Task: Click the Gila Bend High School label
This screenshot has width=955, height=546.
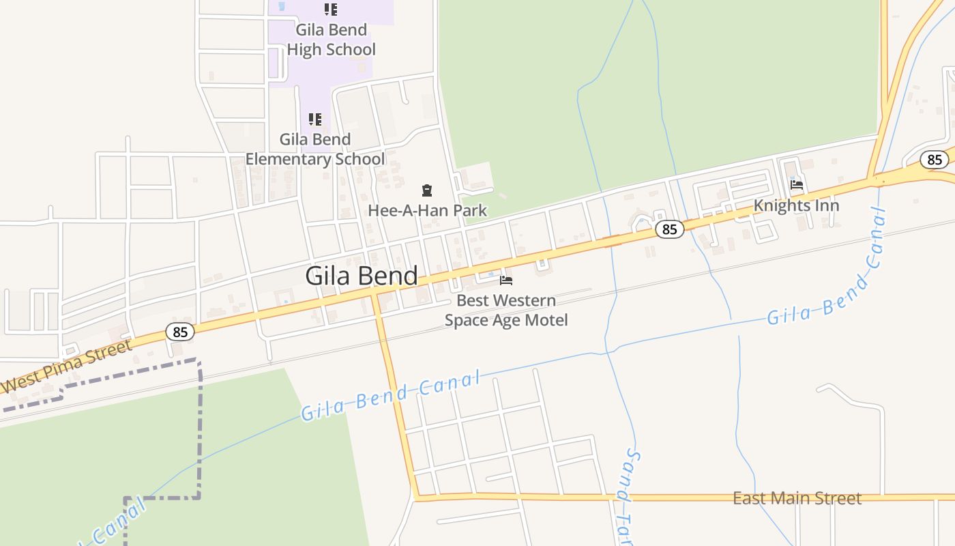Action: pyautogui.click(x=331, y=40)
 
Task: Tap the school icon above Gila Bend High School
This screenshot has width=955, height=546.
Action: pyautogui.click(x=331, y=10)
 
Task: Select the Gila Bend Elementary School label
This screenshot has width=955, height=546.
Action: pyautogui.click(x=315, y=149)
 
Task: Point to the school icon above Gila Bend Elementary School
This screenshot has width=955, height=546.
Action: pyautogui.click(x=315, y=119)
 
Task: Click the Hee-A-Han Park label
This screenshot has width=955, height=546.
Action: pyautogui.click(x=428, y=210)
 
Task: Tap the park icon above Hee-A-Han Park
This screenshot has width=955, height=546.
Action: pyautogui.click(x=427, y=190)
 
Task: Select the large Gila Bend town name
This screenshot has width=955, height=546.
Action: pyautogui.click(x=361, y=276)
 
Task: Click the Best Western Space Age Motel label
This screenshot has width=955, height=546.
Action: pyautogui.click(x=506, y=310)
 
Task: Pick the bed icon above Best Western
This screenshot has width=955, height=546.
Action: pyautogui.click(x=506, y=280)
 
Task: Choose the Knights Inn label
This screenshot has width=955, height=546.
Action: pyautogui.click(x=796, y=205)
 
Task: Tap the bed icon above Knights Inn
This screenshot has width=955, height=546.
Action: pyautogui.click(x=796, y=184)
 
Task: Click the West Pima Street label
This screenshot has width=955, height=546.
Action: pyautogui.click(x=67, y=366)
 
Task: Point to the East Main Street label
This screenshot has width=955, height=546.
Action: pyautogui.click(x=797, y=498)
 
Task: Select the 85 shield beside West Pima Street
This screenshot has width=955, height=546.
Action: pyautogui.click(x=180, y=332)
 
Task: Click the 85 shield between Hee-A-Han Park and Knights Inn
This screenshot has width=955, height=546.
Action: pyautogui.click(x=670, y=229)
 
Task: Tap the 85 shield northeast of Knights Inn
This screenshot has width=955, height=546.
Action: pyautogui.click(x=935, y=160)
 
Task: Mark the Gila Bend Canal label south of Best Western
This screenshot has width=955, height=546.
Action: pyautogui.click(x=391, y=396)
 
